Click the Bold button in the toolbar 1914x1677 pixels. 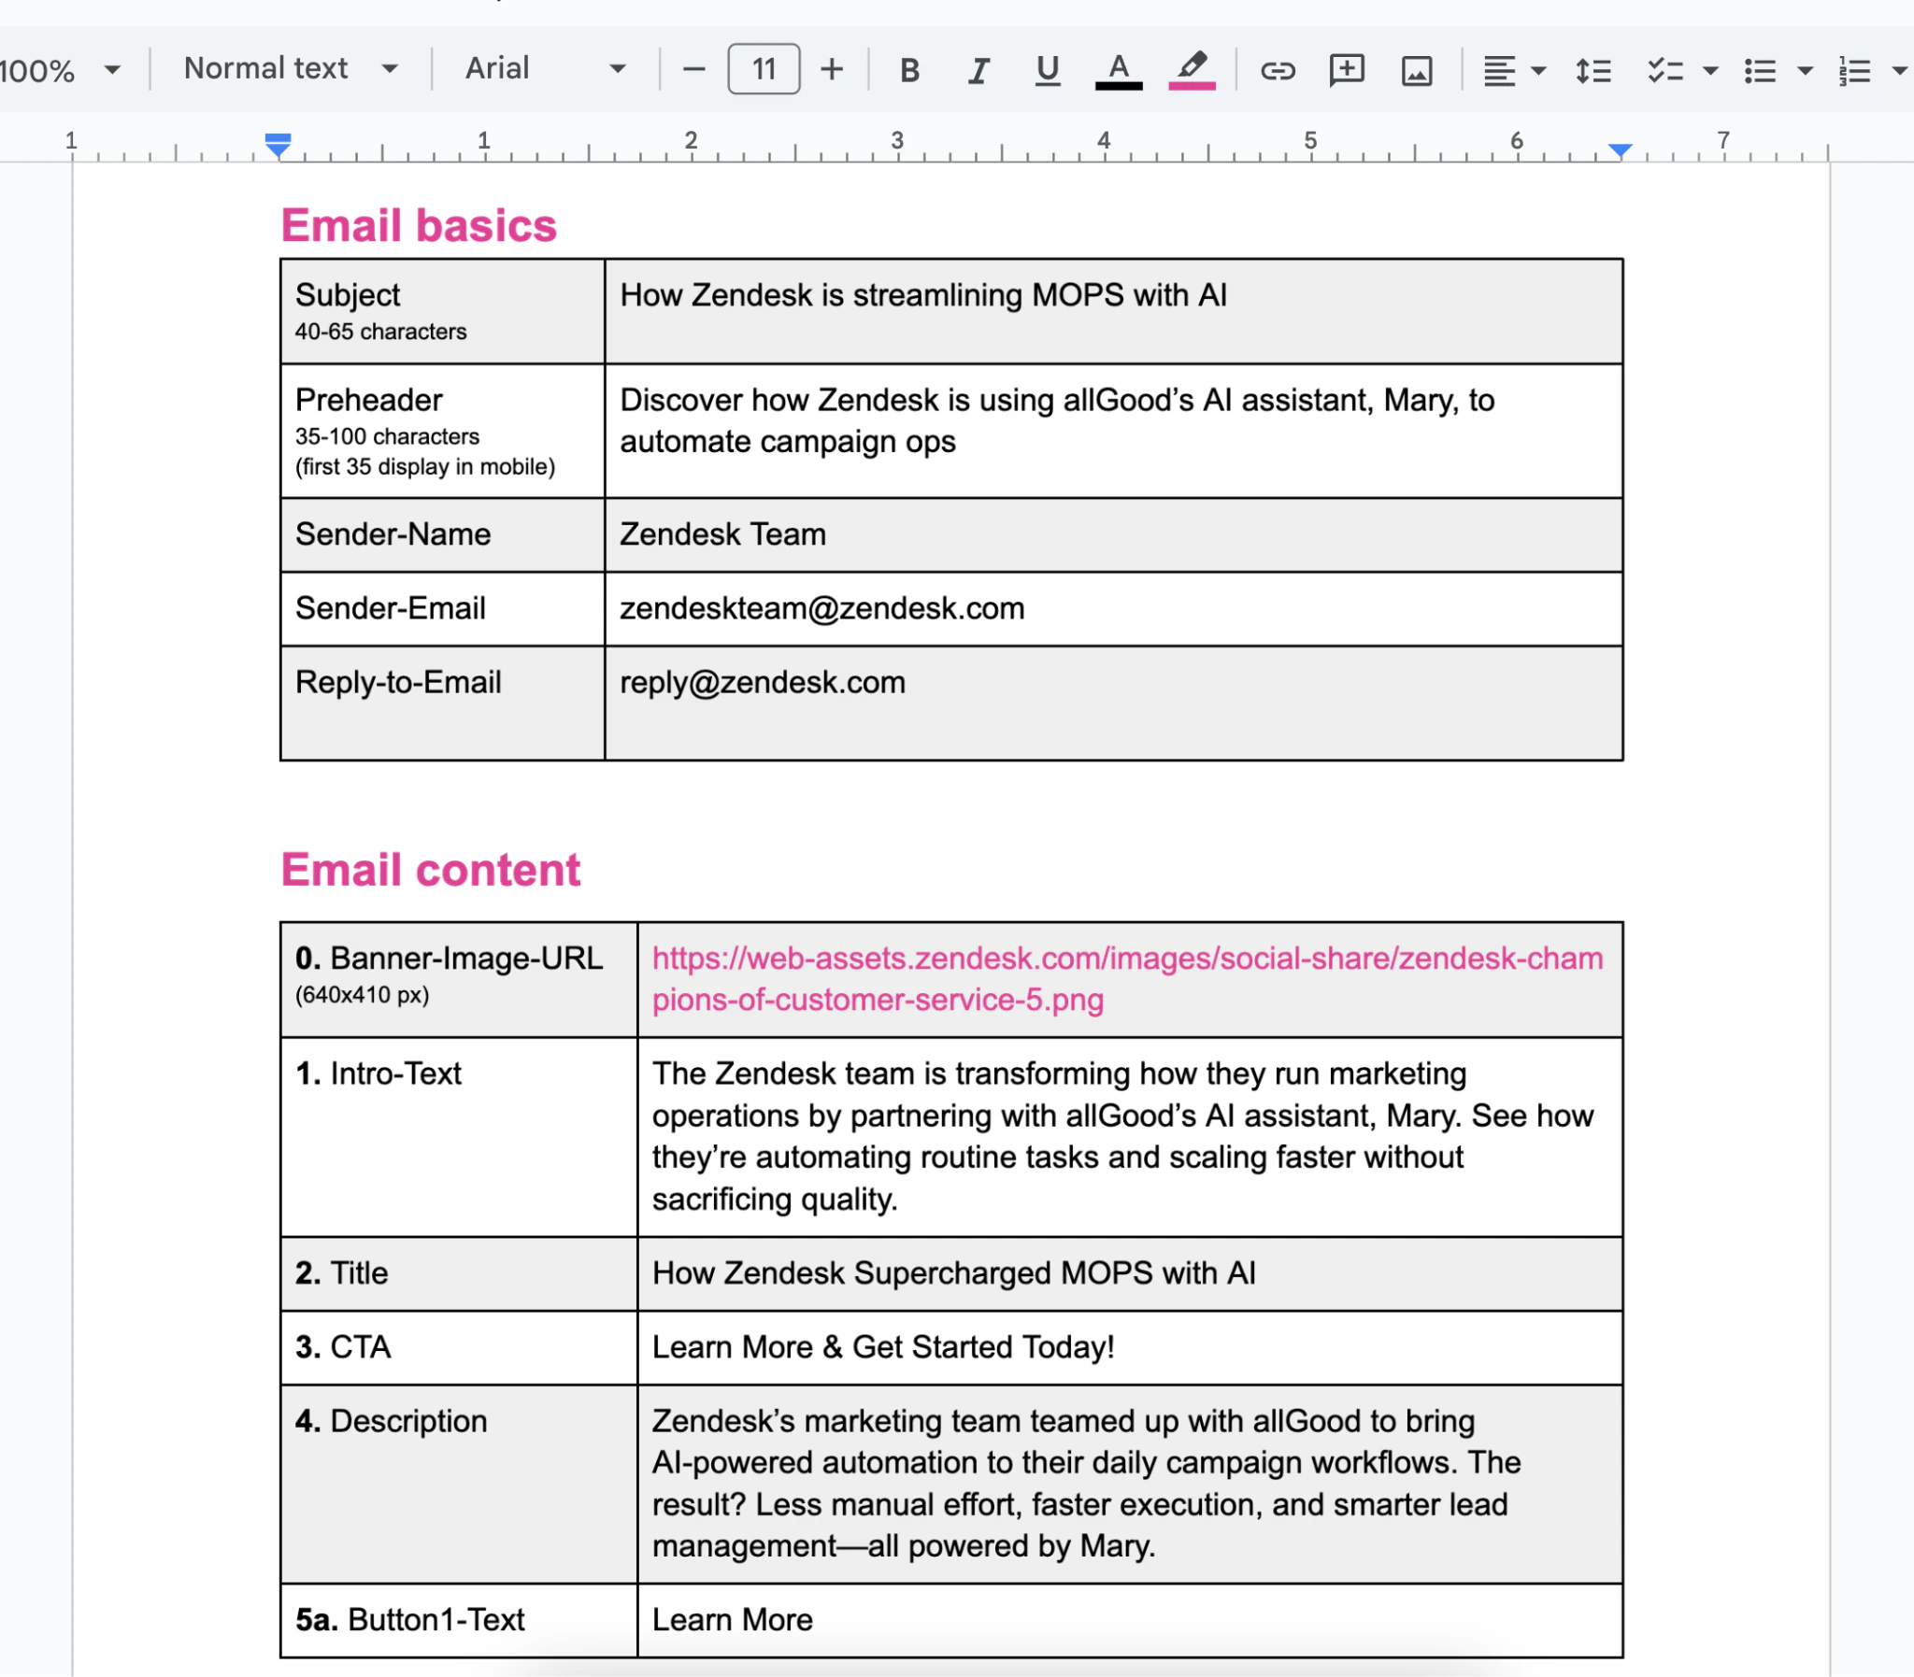[x=908, y=70]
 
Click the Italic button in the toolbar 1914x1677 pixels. [x=978, y=70]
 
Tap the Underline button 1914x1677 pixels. [x=1048, y=70]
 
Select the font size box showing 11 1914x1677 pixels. [x=763, y=69]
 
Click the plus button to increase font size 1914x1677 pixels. [x=831, y=69]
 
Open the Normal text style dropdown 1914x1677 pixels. [x=290, y=68]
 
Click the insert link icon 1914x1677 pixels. [x=1277, y=70]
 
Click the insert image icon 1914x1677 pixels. [x=1416, y=70]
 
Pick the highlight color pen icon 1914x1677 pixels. [x=1192, y=68]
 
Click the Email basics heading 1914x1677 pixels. [x=419, y=225]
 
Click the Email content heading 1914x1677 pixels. [x=431, y=870]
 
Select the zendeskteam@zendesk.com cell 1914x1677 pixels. [x=821, y=608]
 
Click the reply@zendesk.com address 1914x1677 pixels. [x=762, y=682]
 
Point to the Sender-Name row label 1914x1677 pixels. [x=393, y=534]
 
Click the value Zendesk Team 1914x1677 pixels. [x=722, y=534]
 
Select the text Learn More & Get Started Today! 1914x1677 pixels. [x=882, y=1346]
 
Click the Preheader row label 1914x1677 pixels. [x=369, y=401]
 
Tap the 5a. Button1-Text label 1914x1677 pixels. [x=410, y=1619]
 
